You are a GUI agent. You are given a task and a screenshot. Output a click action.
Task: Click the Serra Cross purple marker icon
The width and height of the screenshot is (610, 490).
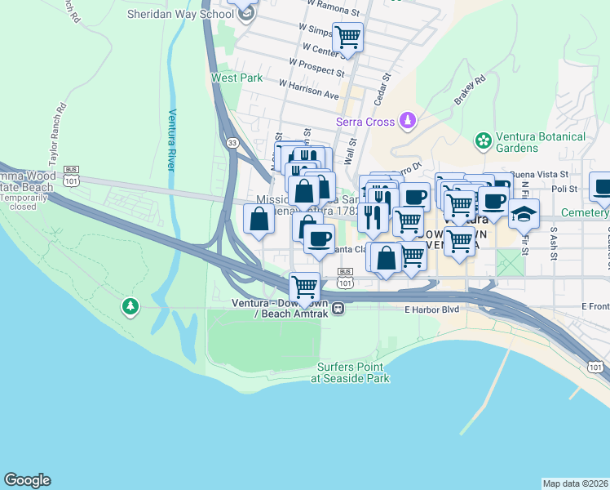coord(407,122)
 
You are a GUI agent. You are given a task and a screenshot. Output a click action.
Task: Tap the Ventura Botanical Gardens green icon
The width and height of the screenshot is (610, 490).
coord(484,140)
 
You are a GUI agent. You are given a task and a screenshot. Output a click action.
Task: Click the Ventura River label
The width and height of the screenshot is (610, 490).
coord(172,140)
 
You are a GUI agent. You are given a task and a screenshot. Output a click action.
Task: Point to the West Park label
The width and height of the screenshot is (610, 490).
coord(236,78)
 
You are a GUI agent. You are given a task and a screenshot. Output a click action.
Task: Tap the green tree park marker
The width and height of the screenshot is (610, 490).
coord(129,307)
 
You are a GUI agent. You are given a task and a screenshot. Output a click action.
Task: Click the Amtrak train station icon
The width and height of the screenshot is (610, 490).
coord(337,309)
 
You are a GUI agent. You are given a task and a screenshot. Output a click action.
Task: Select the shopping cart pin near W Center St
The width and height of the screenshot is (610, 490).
coord(348,38)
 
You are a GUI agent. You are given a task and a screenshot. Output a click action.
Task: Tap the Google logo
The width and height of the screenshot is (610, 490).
coord(27,480)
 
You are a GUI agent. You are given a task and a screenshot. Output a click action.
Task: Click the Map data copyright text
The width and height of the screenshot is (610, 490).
coord(576,483)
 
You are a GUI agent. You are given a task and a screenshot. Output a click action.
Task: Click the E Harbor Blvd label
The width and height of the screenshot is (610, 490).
coord(432,310)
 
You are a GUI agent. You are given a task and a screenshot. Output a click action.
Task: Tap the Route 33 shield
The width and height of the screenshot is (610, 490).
coord(233,142)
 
